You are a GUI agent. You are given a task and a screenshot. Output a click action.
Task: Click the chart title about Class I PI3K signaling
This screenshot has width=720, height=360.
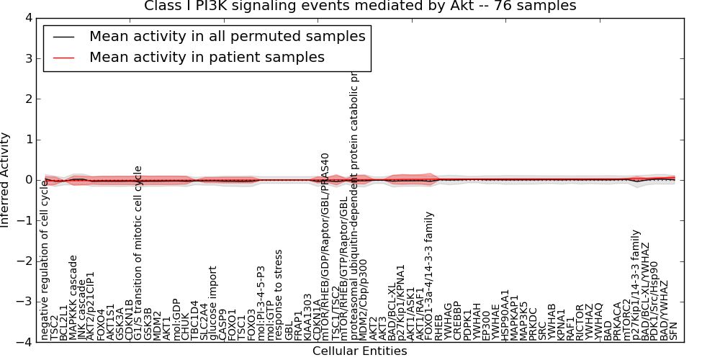pyautogui.click(x=360, y=6)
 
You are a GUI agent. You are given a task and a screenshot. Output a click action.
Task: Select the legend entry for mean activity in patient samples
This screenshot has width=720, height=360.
pyautogui.click(x=207, y=57)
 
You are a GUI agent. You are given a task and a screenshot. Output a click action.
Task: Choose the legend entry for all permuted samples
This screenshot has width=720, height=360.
pyautogui.click(x=227, y=36)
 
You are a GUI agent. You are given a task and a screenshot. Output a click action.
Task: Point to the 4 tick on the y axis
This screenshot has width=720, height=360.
pyautogui.click(x=28, y=17)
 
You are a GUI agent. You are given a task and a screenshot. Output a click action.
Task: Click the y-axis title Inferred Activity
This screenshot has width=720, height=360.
pyautogui.click(x=6, y=180)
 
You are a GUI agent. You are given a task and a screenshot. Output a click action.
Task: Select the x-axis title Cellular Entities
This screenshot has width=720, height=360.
pyautogui.click(x=359, y=351)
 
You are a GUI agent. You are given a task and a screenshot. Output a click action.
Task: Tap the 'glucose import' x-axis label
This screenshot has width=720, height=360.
pyautogui.click(x=212, y=303)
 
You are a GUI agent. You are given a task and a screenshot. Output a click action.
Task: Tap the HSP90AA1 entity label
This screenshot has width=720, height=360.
pyautogui.click(x=504, y=315)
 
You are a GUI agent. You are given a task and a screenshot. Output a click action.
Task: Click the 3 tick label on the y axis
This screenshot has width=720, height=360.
pyautogui.click(x=28, y=58)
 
